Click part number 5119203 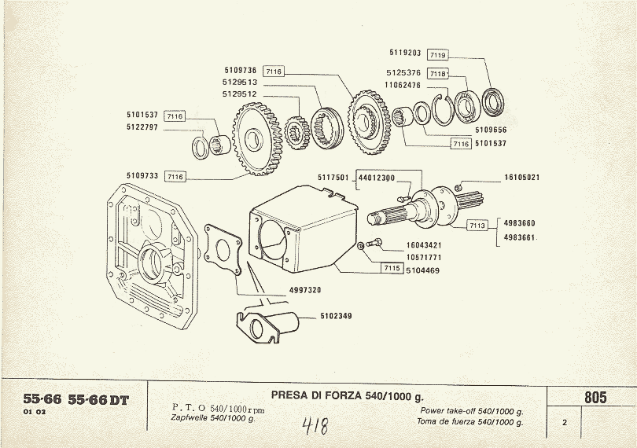point(405,53)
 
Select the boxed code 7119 point(438,55)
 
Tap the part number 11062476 point(402,84)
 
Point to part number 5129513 point(240,82)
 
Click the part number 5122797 point(143,127)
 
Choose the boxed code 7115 point(392,269)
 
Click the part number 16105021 point(521,178)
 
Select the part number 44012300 point(377,178)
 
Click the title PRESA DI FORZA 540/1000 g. point(346,395)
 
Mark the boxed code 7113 point(477,225)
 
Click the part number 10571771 point(402,256)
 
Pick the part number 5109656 point(490,129)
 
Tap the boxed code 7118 point(438,74)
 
